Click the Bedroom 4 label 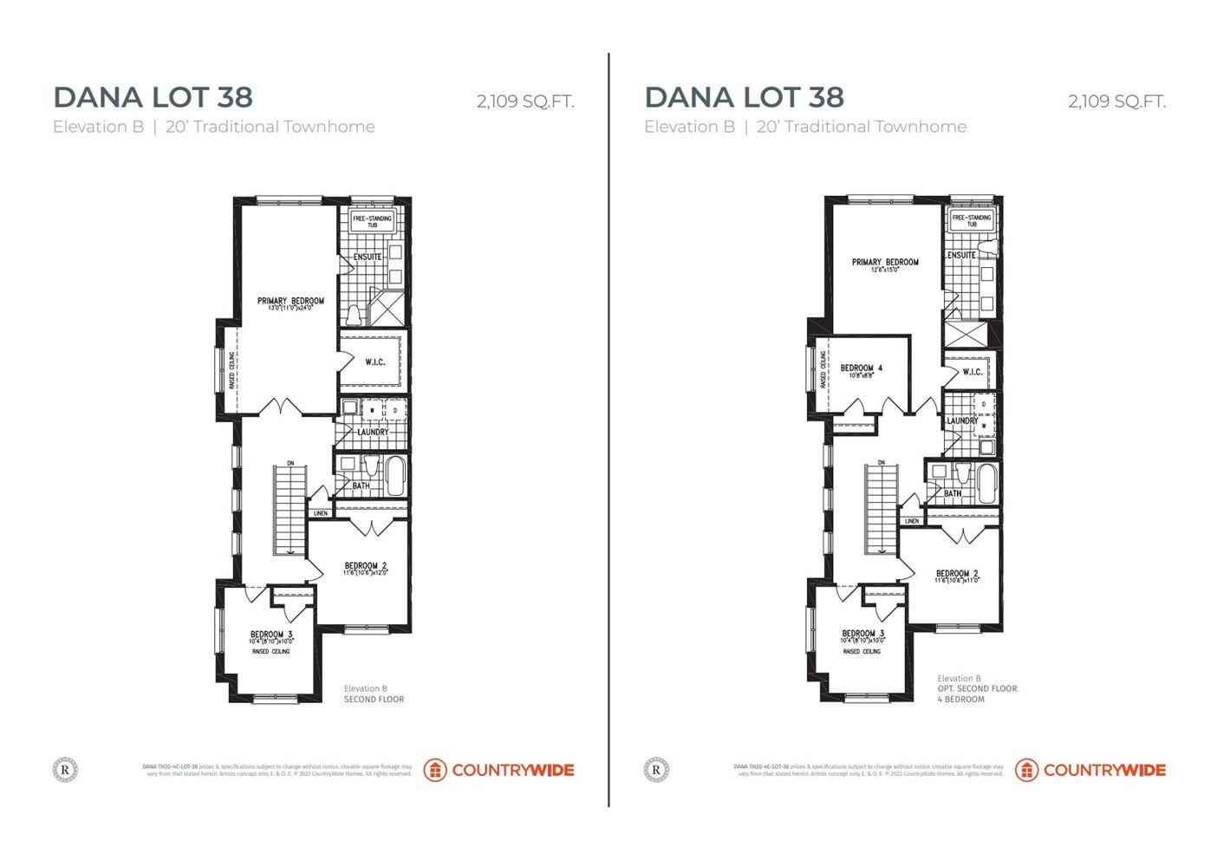point(861,368)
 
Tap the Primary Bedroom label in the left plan point(290,302)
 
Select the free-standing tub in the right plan point(971,220)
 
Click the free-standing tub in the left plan point(372,221)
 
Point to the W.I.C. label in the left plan point(374,362)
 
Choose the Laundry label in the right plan point(962,421)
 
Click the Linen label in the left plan point(321,513)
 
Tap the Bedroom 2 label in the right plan point(957,574)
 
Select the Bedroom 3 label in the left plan point(271,635)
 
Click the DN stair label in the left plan point(290,464)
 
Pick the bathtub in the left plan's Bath point(395,477)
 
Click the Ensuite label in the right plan point(961,256)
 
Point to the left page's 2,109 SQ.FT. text point(525,101)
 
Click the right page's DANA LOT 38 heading point(744,97)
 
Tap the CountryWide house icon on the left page point(435,770)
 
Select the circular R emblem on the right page point(656,769)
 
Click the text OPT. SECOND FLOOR point(977,689)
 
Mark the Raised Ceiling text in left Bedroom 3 point(271,652)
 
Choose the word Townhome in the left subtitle point(329,127)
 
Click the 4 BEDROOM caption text point(960,700)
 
